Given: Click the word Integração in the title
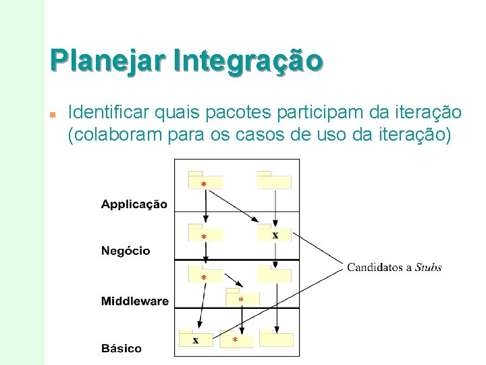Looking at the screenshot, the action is coord(248,60).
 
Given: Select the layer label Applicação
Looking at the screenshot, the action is coord(134,204).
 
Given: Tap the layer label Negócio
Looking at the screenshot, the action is coord(126,251).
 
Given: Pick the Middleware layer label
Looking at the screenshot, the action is coord(135,301).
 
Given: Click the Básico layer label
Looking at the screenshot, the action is coord(122,349).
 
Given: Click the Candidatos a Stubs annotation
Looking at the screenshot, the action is coord(394,268).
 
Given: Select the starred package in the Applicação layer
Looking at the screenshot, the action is coord(205,181).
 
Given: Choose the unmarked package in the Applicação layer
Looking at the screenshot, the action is coord(274,181).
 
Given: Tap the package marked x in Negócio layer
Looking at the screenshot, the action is coord(275,233).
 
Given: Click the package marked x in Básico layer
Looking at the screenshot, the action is coord(196,339).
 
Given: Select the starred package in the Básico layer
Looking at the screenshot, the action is coord(236,339).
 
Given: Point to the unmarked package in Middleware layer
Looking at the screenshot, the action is coord(274,274).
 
